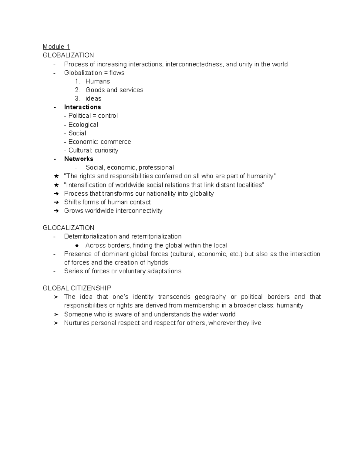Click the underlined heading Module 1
[56, 47]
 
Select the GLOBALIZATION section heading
[68, 55]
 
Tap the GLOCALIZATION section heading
[69, 228]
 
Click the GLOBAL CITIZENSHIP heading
[77, 288]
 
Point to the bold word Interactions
[83, 107]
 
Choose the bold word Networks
[79, 159]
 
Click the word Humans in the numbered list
[98, 81]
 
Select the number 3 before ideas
[77, 99]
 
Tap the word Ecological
[83, 125]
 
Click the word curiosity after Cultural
[106, 150]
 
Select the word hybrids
[158, 263]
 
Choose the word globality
[202, 194]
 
